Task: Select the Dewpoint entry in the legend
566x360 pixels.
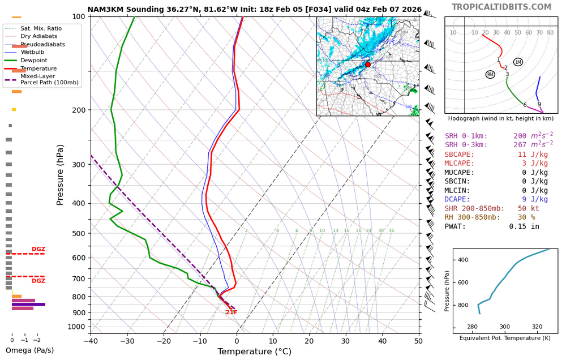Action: pos(34,60)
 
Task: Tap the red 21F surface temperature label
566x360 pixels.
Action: pos(231,312)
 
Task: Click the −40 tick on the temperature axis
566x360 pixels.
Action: pos(91,341)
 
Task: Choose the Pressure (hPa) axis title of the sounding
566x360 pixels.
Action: pos(61,175)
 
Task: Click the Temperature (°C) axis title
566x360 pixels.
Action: pos(255,352)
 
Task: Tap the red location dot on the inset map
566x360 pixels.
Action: pos(368,65)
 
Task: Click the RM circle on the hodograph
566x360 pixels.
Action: pos(490,75)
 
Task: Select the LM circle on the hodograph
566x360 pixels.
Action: pos(518,62)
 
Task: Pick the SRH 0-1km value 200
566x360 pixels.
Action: pos(520,136)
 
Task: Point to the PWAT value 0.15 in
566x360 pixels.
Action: pos(524,226)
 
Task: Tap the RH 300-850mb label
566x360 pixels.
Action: pos(472,217)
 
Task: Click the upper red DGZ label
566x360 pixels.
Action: pos(38,249)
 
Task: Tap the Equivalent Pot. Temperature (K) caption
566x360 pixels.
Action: pos(505,338)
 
